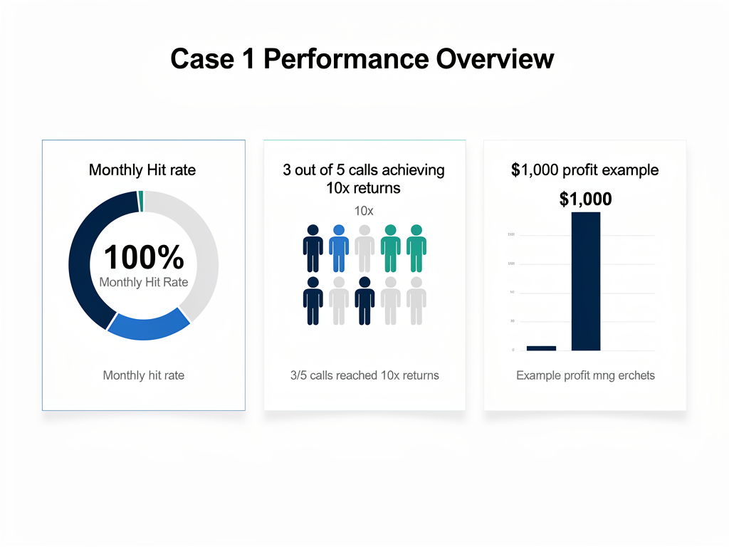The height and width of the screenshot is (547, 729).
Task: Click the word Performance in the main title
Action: pos(346,58)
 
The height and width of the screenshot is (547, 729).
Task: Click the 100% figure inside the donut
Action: pos(144,257)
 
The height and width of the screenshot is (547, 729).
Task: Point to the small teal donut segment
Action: pos(141,202)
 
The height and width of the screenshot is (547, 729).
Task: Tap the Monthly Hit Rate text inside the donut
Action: pos(144,282)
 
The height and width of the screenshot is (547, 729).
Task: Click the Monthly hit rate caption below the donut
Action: pos(144,375)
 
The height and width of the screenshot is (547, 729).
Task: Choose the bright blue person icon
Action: pos(339,248)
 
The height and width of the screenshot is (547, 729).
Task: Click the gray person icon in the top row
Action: pos(364,248)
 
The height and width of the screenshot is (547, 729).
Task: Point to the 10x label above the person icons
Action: pos(364,211)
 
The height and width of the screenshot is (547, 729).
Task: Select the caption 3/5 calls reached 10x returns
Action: pos(364,375)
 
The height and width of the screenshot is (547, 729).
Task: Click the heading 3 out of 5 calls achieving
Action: pos(364,170)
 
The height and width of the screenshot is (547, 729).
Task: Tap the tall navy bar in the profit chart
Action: pos(586,281)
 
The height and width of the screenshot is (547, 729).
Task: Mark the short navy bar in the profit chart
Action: pos(541,348)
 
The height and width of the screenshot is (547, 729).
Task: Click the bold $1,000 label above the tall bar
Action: pos(585,199)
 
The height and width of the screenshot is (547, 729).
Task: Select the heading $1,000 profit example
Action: pos(584,170)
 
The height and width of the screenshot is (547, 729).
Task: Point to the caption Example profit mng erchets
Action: pos(585,375)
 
